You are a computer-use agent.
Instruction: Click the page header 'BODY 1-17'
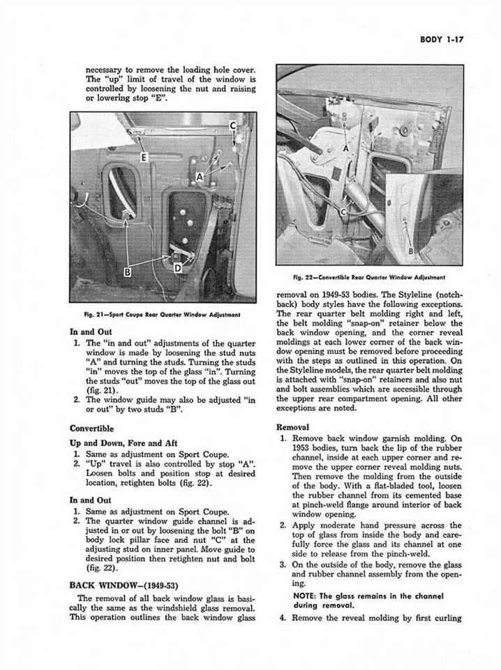point(442,41)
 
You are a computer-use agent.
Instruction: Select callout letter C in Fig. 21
point(234,127)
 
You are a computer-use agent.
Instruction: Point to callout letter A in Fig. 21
point(200,177)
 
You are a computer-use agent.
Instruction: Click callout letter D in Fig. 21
point(179,268)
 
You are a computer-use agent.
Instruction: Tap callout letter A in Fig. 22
point(345,149)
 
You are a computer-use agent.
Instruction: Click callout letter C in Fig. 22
point(343,211)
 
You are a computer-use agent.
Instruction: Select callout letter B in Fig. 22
point(410,251)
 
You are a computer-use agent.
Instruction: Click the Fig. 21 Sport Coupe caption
point(163,315)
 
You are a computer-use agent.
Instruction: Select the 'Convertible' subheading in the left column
point(91,429)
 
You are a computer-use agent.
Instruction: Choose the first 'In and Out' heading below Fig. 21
point(91,332)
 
